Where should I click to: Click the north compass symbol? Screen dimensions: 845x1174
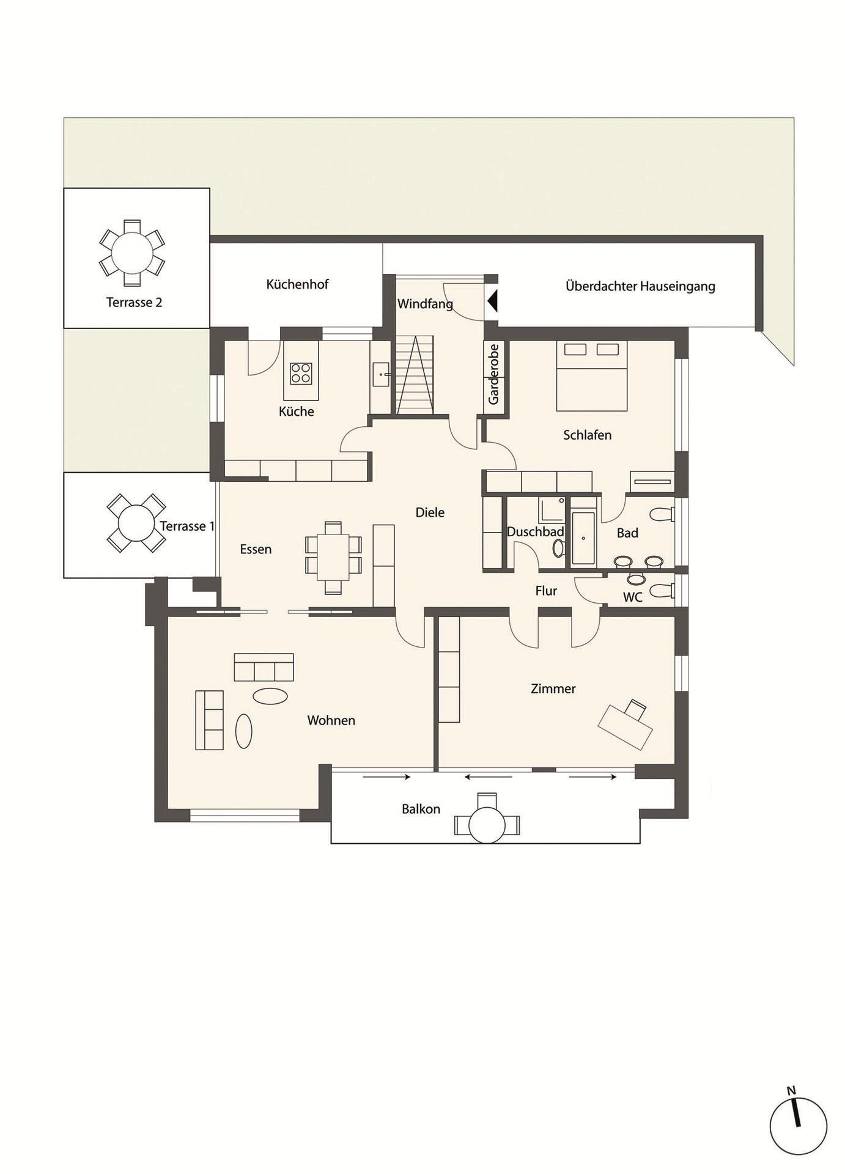tap(797, 1126)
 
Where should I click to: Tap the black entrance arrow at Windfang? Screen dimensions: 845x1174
tap(493, 301)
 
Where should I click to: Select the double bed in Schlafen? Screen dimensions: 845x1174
tap(591, 375)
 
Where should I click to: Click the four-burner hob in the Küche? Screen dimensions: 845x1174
tap(301, 373)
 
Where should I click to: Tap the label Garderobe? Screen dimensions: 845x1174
tap(493, 374)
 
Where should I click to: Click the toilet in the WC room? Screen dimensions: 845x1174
tap(660, 591)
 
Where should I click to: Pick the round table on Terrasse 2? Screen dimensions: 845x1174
tap(132, 253)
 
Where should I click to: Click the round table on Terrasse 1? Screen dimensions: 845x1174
tap(136, 523)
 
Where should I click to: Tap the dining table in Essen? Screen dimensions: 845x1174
tap(333, 557)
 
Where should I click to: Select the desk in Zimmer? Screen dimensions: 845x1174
tap(625, 726)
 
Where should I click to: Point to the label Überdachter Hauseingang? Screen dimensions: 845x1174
tap(640, 286)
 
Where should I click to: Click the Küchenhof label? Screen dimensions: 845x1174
tap(297, 284)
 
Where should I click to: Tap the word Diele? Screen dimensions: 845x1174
tap(430, 512)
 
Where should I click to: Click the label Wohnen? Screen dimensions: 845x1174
tap(331, 720)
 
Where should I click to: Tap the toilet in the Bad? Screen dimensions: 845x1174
tap(662, 514)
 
